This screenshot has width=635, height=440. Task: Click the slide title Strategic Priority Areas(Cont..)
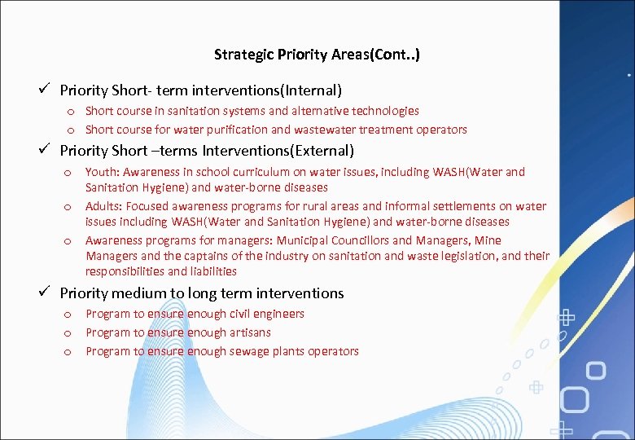pyautogui.click(x=317, y=55)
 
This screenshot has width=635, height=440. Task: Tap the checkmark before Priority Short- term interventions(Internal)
pyautogui.click(x=48, y=88)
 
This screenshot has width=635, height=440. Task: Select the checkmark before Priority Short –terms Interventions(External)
pyautogui.click(x=48, y=149)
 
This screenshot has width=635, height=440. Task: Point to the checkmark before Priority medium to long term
pyautogui.click(x=48, y=292)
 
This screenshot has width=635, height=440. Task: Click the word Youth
pyautogui.click(x=101, y=172)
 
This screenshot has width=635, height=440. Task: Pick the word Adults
pyautogui.click(x=103, y=206)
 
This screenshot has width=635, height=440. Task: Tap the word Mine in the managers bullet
pyautogui.click(x=487, y=240)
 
